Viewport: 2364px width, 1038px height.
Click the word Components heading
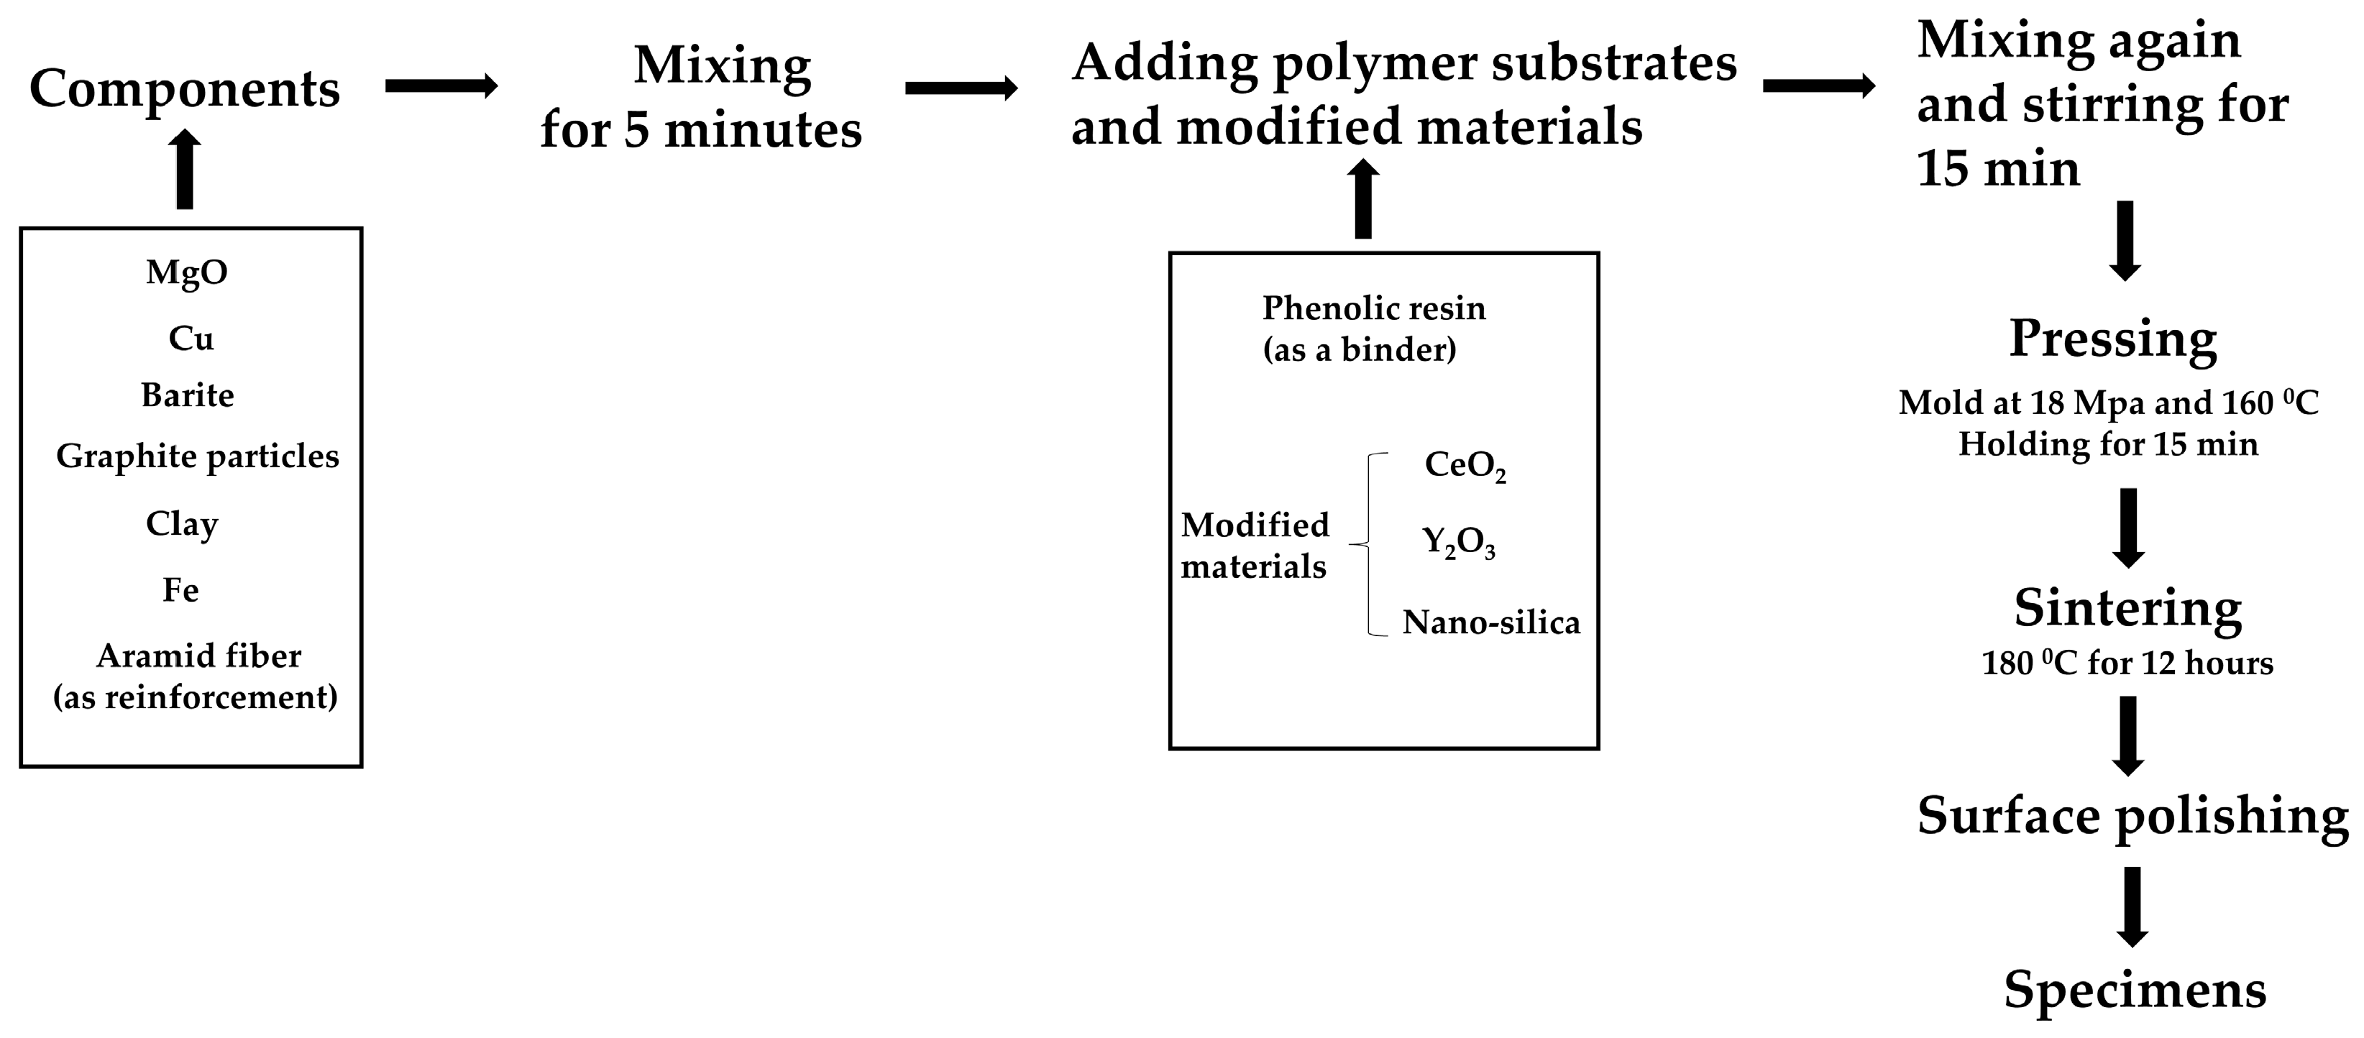(185, 89)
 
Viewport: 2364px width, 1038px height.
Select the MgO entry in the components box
(186, 272)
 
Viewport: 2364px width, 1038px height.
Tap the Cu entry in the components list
(191, 339)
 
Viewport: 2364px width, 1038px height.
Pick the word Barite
(187, 395)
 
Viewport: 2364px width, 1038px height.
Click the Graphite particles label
(197, 456)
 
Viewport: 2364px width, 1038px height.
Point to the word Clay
(182, 524)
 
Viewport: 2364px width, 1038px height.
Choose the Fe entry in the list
(180, 590)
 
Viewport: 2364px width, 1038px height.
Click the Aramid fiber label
(198, 656)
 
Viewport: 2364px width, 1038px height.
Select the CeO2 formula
(1465, 465)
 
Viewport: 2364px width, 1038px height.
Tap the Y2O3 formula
(1458, 543)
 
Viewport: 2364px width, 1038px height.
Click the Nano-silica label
(1491, 623)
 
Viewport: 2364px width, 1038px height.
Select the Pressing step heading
(2112, 339)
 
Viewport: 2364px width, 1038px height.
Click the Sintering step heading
(2127, 607)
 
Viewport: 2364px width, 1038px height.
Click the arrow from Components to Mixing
(441, 86)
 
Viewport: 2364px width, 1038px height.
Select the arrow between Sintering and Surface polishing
(2128, 735)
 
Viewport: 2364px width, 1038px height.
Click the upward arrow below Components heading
(185, 170)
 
